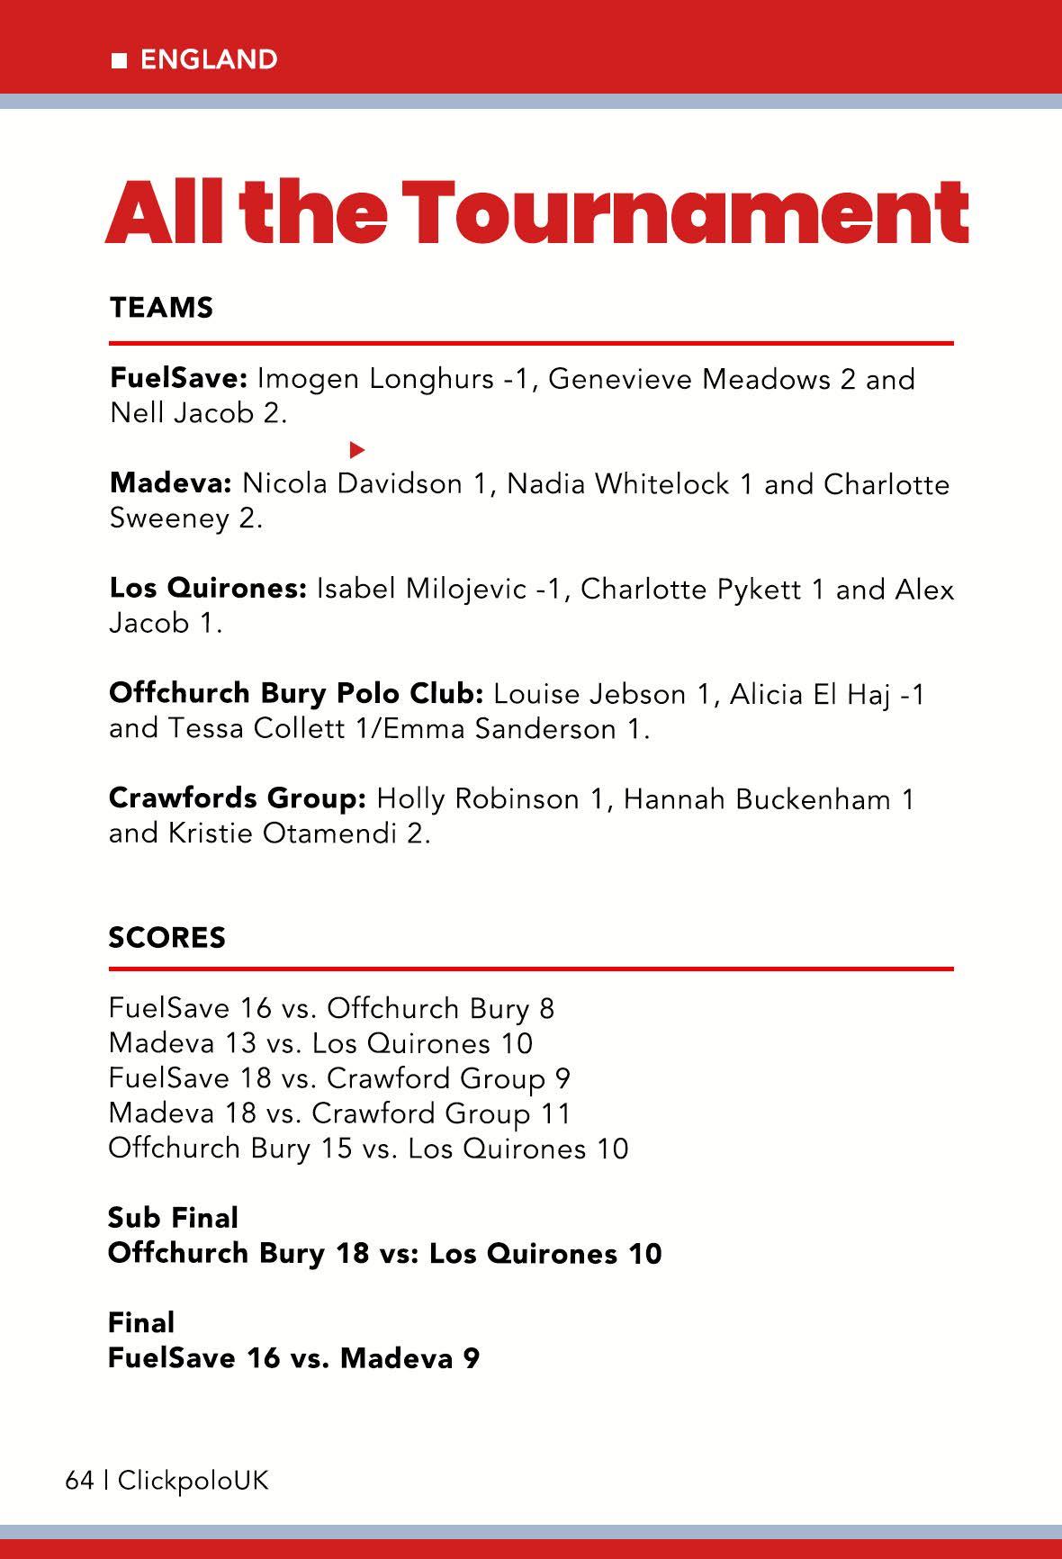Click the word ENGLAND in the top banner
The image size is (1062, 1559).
click(209, 59)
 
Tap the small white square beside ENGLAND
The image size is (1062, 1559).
click(119, 60)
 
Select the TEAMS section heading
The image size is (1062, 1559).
click(161, 308)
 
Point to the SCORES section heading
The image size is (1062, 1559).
click(166, 938)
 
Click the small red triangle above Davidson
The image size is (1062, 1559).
click(357, 448)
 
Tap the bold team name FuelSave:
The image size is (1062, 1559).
click(178, 378)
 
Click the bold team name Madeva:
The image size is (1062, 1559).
click(171, 484)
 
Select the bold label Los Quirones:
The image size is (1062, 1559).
click(208, 590)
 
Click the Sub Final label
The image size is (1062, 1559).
click(173, 1218)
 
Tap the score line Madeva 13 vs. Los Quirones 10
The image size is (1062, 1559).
click(320, 1043)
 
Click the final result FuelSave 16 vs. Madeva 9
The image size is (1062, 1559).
click(293, 1357)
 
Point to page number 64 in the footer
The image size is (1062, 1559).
click(79, 1481)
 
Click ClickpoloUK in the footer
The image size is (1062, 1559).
click(193, 1481)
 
